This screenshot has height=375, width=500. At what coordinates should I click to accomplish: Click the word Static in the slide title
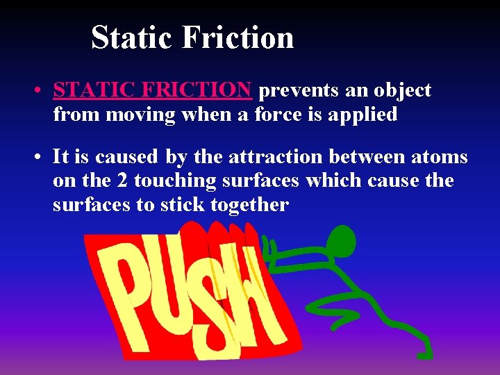click(132, 37)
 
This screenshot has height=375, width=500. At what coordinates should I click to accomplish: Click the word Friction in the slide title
click(237, 37)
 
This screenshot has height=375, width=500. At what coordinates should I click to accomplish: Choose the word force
click(278, 114)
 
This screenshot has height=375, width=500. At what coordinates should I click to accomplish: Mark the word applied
click(365, 114)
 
